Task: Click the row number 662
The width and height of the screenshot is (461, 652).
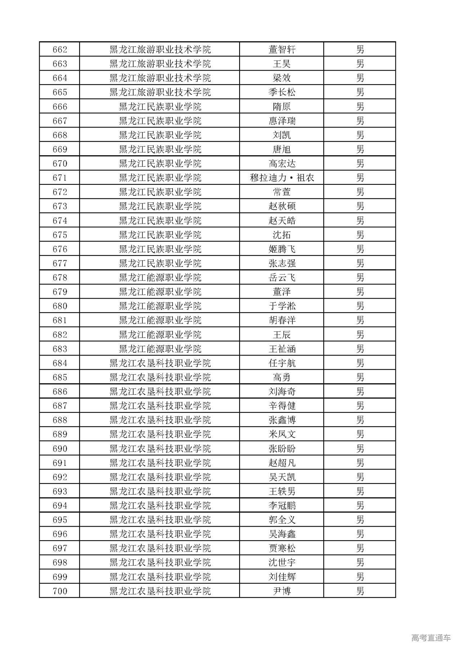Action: pos(60,49)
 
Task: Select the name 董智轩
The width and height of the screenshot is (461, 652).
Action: pos(282,49)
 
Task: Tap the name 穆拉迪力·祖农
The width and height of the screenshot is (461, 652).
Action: pos(282,178)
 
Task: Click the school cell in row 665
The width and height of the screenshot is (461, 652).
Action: pos(160,92)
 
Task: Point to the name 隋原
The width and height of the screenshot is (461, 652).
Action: pos(282,107)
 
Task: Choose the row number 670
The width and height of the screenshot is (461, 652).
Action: pos(60,164)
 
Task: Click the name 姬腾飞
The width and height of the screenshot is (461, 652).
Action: pos(282,249)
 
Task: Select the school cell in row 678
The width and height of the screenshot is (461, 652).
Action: pos(160,277)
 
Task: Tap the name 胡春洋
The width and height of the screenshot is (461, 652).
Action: pos(282,320)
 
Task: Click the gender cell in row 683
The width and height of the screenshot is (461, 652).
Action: pos(360,349)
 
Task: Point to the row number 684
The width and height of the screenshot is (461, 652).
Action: pos(60,363)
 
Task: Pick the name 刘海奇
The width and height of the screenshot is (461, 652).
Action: pos(282,392)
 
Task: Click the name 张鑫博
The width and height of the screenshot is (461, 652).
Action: pos(282,420)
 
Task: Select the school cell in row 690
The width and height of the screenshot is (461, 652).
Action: pos(160,448)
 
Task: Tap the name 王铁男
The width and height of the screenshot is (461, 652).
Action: pos(282,491)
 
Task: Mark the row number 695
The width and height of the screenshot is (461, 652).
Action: pos(60,520)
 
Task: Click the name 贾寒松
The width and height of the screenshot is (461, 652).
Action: pos(282,548)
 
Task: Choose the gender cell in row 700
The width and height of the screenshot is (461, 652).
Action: pos(360,591)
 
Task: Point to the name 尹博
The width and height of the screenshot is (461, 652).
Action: pos(282,591)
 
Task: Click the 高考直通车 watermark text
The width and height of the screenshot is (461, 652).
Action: pos(431,638)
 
